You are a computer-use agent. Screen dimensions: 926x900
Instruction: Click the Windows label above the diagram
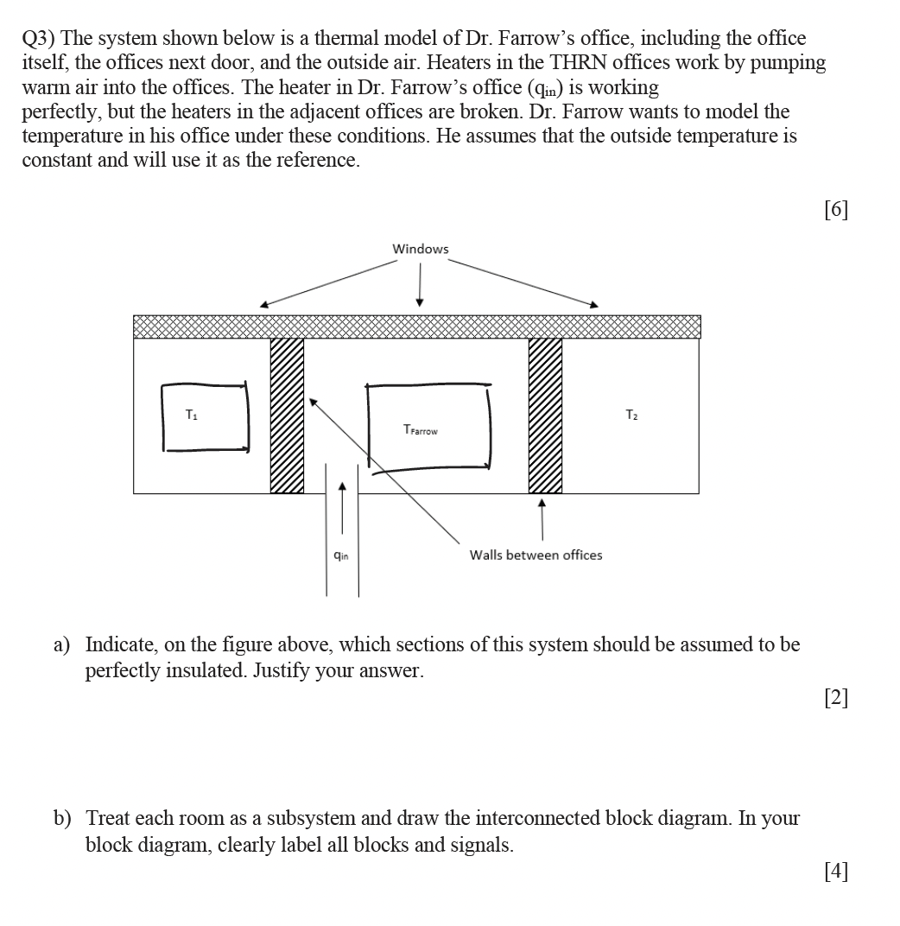421,249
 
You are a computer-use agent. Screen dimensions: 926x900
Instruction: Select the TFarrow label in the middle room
421,429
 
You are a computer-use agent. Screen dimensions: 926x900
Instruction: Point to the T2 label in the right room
631,415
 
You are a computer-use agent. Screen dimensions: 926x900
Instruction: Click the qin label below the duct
341,555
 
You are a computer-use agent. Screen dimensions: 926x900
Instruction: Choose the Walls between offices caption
536,555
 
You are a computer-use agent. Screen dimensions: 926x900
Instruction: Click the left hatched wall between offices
287,415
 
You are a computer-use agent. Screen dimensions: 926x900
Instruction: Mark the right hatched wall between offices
545,415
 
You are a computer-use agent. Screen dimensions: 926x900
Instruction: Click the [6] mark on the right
836,209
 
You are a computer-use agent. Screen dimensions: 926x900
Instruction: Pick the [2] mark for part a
836,698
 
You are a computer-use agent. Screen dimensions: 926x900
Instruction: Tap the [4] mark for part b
836,872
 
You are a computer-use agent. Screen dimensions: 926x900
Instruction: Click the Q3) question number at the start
39,39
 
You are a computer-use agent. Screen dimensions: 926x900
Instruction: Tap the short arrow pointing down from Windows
420,284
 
